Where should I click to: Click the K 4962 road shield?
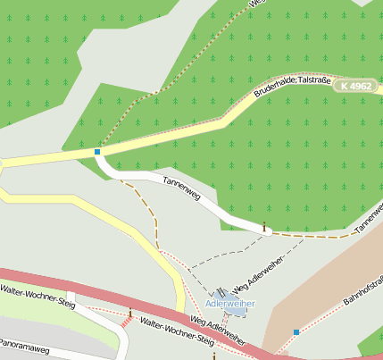click(355, 87)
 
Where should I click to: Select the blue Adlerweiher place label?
click(229, 304)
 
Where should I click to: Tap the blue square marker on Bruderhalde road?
click(96, 152)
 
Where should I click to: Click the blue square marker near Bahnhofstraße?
click(296, 332)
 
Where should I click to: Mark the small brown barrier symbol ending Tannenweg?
click(264, 228)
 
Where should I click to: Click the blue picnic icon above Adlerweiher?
click(221, 292)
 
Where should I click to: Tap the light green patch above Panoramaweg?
click(27, 313)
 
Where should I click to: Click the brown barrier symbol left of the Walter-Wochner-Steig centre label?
click(130, 313)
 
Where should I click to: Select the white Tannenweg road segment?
click(214, 207)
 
